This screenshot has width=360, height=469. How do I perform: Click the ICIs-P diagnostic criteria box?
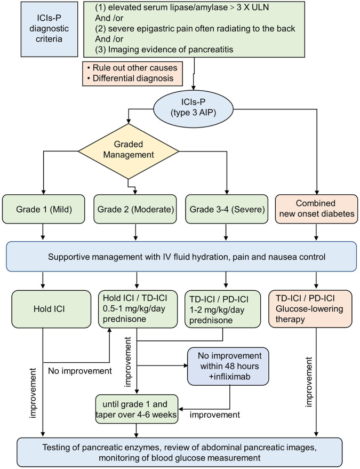pos(50,29)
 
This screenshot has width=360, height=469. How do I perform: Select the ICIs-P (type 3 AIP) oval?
pos(193,107)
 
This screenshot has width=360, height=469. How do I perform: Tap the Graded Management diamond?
pos(129,151)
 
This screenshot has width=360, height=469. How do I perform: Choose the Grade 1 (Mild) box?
pos(44,209)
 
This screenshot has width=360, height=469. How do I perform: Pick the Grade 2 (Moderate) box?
pos(135,209)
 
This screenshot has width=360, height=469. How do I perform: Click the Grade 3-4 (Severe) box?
pos(227,209)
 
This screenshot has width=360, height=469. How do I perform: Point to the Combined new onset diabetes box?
pos(316,209)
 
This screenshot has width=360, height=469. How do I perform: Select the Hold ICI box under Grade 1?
pos(51,309)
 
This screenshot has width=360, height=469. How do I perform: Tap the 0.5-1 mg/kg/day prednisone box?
pos(138,309)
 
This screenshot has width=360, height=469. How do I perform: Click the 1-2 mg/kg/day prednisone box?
pos(223,309)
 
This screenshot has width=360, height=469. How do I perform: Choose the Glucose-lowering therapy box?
pos(310,309)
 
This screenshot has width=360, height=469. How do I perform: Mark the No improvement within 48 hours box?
pos(228,366)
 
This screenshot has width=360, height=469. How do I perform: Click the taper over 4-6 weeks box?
pos(137,409)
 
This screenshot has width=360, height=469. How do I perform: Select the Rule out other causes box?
pos(133,74)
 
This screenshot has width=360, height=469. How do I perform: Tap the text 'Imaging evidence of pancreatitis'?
pos(171,49)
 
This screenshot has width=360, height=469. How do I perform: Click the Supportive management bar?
pos(181,257)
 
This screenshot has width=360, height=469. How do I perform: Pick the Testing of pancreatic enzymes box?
pos(179,452)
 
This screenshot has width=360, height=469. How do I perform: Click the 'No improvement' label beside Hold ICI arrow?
pos(80,371)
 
